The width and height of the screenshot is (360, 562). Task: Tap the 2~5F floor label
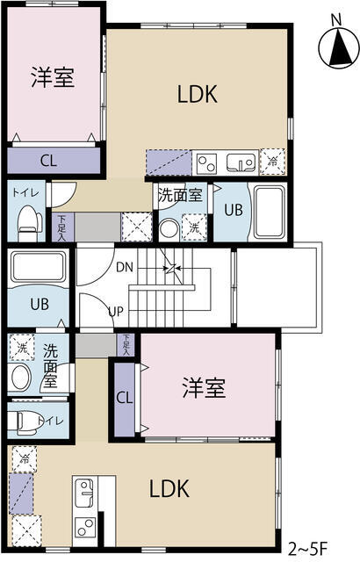pyautogui.click(x=307, y=549)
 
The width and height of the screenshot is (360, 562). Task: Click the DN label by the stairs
pyautogui.click(x=125, y=267)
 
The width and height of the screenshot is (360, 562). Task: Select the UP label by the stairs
pyautogui.click(x=116, y=312)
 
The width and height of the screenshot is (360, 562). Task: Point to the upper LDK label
pyautogui.click(x=198, y=95)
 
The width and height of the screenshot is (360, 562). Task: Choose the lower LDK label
pyautogui.click(x=169, y=489)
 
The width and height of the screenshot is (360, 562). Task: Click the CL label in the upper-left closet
pyautogui.click(x=48, y=161)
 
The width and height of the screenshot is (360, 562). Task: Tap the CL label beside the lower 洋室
pyautogui.click(x=125, y=398)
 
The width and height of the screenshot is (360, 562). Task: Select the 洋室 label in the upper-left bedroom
pyautogui.click(x=53, y=77)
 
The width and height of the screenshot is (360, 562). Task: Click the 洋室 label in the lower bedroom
pyautogui.click(x=205, y=388)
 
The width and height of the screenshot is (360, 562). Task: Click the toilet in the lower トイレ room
pyautogui.click(x=25, y=421)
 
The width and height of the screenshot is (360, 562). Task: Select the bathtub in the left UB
pyautogui.click(x=38, y=267)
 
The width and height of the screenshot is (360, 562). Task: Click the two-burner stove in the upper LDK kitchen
pyautogui.click(x=206, y=163)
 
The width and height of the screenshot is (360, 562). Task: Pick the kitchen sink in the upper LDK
pyautogui.click(x=241, y=163)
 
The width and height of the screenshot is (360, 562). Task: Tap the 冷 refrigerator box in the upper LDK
pyautogui.click(x=272, y=162)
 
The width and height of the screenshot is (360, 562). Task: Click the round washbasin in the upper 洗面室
pyautogui.click(x=169, y=228)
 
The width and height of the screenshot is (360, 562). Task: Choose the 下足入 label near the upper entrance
pyautogui.click(x=62, y=227)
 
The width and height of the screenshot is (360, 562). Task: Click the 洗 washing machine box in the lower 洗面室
pyautogui.click(x=22, y=347)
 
